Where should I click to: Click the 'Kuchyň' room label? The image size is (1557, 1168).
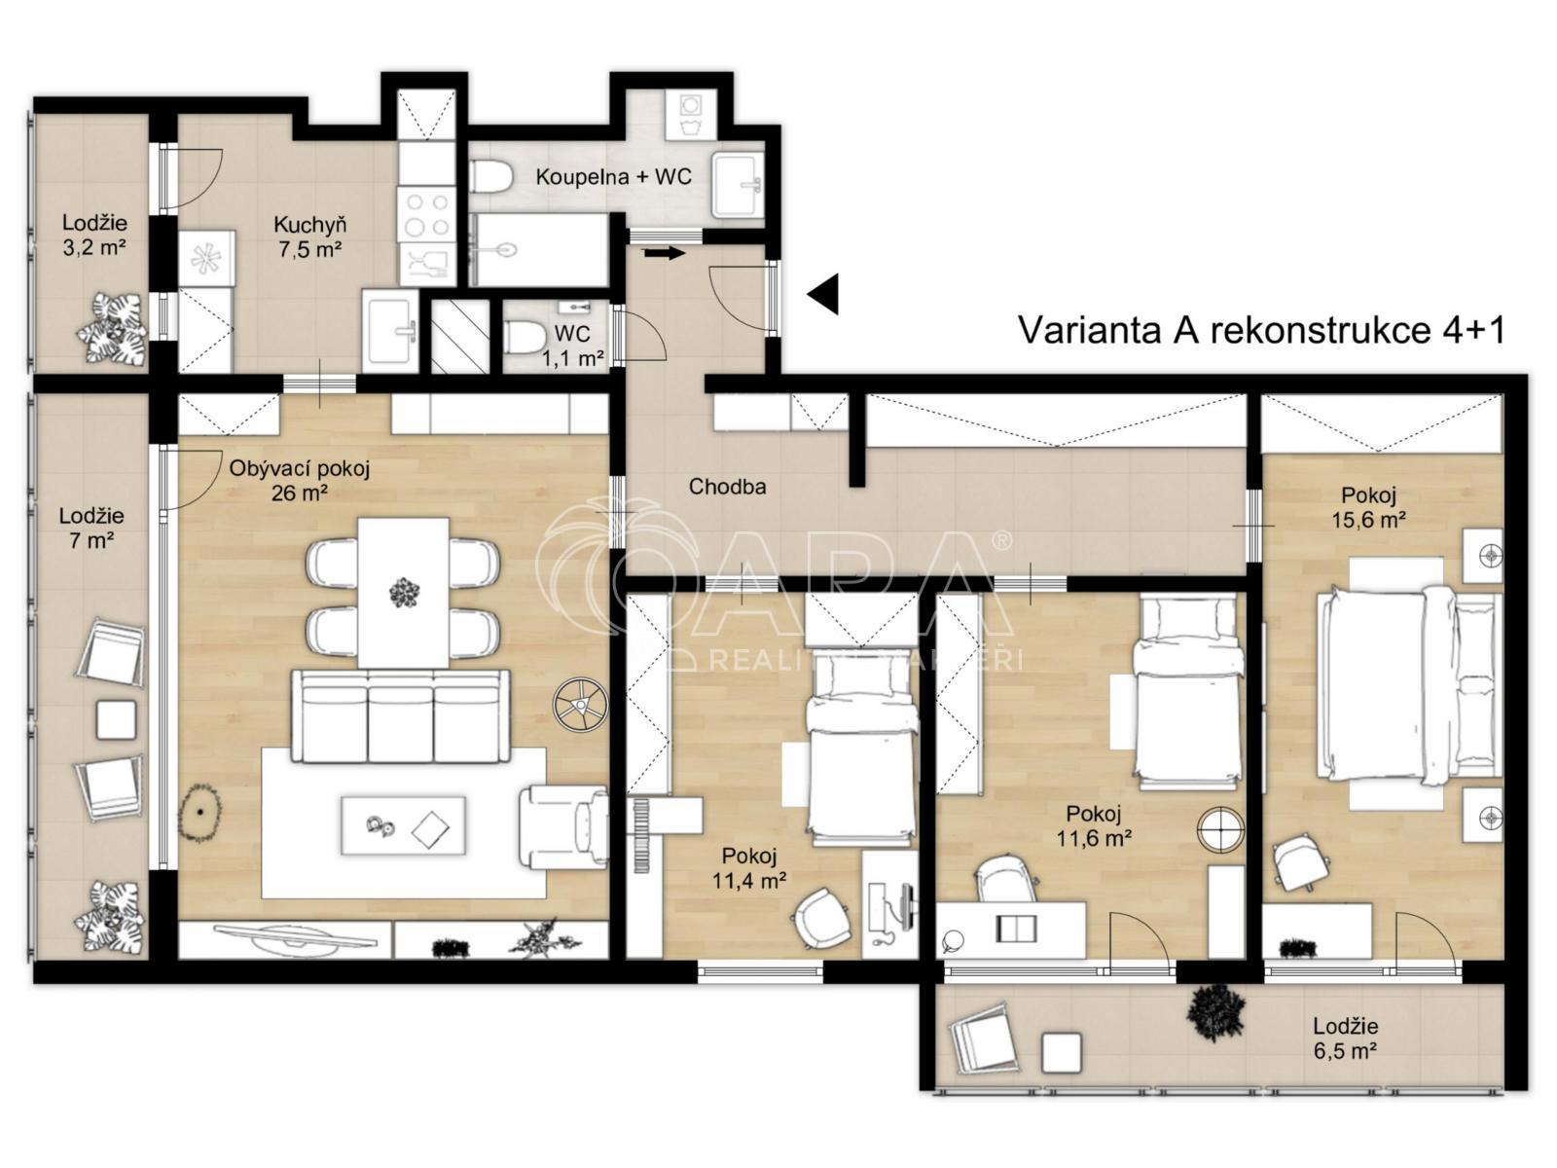tap(310, 226)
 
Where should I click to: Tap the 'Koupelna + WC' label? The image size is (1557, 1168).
tap(614, 176)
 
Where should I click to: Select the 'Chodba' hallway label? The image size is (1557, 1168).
tap(727, 487)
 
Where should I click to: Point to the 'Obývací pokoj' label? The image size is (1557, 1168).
tap(300, 469)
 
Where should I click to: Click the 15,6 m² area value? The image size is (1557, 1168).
tap(1368, 520)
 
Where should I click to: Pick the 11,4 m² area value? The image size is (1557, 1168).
tap(749, 880)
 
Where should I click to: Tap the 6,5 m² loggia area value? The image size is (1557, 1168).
tap(1345, 1050)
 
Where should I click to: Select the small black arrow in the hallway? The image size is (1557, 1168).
tap(664, 252)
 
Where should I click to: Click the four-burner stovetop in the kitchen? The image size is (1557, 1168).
tap(425, 215)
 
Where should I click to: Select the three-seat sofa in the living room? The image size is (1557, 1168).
tap(401, 715)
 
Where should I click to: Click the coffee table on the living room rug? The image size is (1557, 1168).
tap(404, 825)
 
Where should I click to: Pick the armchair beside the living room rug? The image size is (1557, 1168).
tap(563, 826)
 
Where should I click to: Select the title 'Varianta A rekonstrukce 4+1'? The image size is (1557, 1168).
tap(1262, 330)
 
